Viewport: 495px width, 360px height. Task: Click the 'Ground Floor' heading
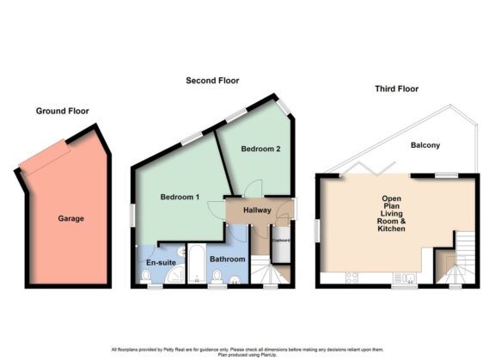pos(62,111)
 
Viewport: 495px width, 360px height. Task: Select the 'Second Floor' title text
pos(212,81)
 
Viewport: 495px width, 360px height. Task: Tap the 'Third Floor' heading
pos(397,88)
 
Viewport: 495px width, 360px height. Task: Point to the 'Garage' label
pos(70,219)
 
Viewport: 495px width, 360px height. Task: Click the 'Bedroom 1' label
pos(180,198)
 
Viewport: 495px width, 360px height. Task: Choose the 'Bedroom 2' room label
pos(260,149)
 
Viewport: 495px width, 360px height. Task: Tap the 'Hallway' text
pos(257,210)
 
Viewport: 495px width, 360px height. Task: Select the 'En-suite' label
pos(161,262)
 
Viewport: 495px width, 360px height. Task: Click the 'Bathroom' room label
pos(228,259)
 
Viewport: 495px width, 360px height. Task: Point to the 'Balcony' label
pos(425,145)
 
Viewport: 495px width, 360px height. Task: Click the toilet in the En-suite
pos(146,276)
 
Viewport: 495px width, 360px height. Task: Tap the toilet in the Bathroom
pos(217,276)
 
